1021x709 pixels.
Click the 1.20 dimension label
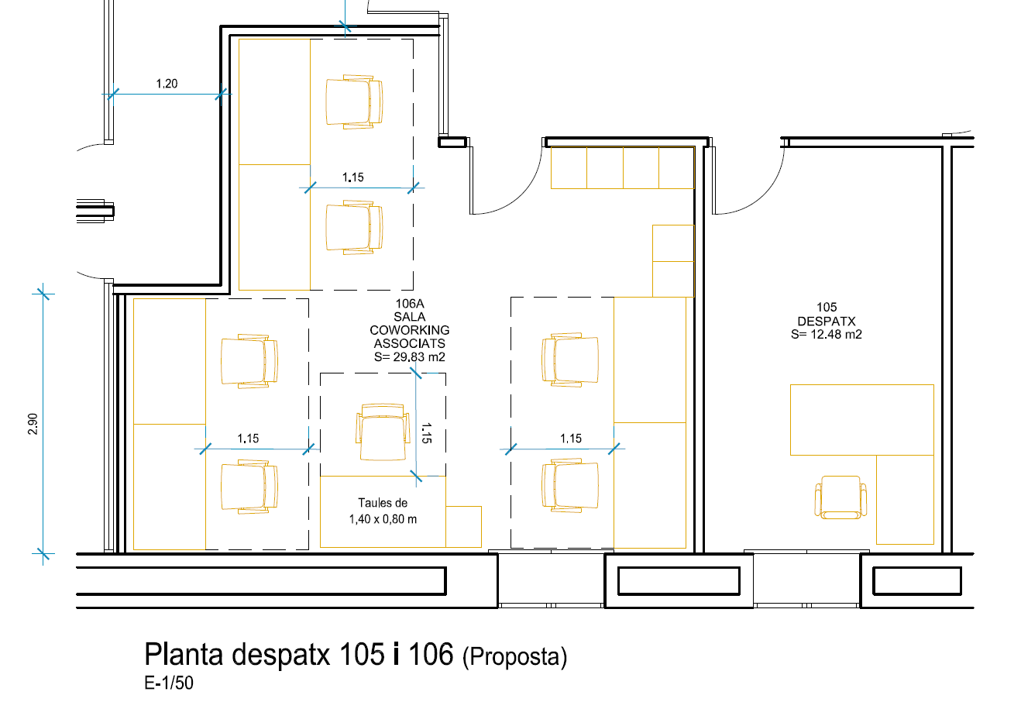(x=167, y=84)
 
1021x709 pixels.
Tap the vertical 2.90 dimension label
(x=33, y=424)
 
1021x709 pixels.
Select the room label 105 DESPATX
(x=827, y=314)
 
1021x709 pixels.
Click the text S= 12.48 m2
(x=827, y=335)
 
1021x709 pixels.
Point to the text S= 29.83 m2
(x=409, y=357)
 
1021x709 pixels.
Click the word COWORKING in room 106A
(x=409, y=330)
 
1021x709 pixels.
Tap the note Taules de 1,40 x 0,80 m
(x=383, y=511)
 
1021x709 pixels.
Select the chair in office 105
(x=841, y=497)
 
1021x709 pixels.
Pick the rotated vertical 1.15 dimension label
(x=426, y=432)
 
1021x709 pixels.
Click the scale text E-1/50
(x=169, y=683)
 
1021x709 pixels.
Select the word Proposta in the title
(x=515, y=657)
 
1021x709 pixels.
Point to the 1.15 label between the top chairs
(x=353, y=177)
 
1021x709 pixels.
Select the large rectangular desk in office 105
(x=861, y=419)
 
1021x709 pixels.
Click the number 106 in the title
(x=431, y=655)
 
